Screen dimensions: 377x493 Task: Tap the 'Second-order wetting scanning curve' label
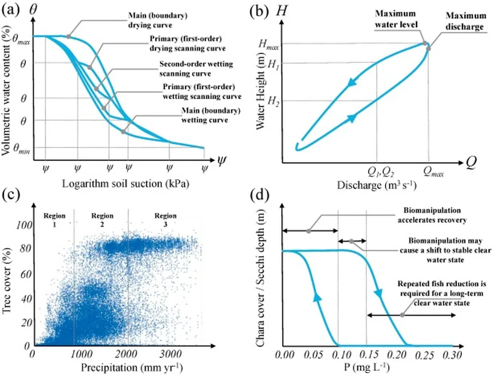tap(196, 69)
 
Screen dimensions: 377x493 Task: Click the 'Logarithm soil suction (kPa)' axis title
tap(125, 184)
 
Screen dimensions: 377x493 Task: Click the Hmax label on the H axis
tap(269, 44)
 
